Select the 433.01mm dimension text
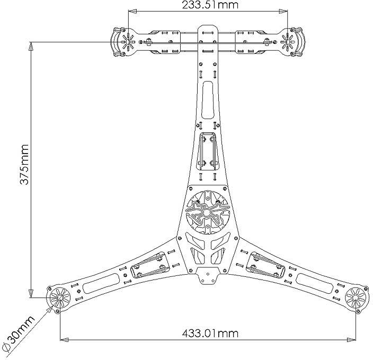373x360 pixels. pos(210,333)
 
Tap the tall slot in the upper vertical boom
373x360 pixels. pos(207,98)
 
